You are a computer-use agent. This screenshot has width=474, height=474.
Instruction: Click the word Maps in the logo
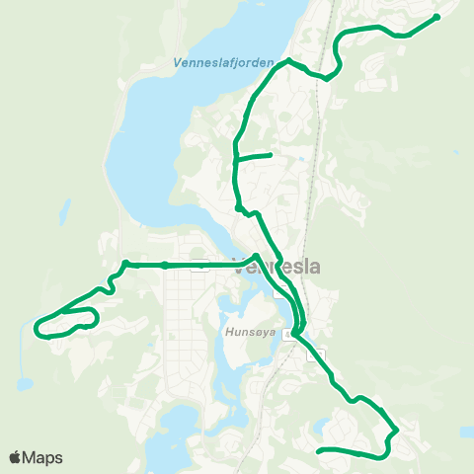(x=42, y=457)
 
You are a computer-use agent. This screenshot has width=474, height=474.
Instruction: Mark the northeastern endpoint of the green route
(x=436, y=16)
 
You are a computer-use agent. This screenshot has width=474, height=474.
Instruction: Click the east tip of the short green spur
(x=270, y=155)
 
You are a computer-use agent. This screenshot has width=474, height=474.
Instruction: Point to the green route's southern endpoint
(x=318, y=451)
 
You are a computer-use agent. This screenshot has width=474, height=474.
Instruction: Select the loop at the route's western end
(x=67, y=322)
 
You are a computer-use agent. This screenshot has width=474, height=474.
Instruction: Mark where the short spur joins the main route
(x=234, y=158)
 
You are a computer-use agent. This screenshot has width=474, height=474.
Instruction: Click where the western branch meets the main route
(x=257, y=259)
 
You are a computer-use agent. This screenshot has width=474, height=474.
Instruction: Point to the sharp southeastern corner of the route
(x=396, y=431)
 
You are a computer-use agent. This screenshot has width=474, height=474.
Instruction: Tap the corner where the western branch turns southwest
(x=126, y=265)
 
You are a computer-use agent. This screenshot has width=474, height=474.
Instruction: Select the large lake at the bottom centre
(x=183, y=434)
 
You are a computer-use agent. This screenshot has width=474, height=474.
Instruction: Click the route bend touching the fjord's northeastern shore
(x=287, y=61)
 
